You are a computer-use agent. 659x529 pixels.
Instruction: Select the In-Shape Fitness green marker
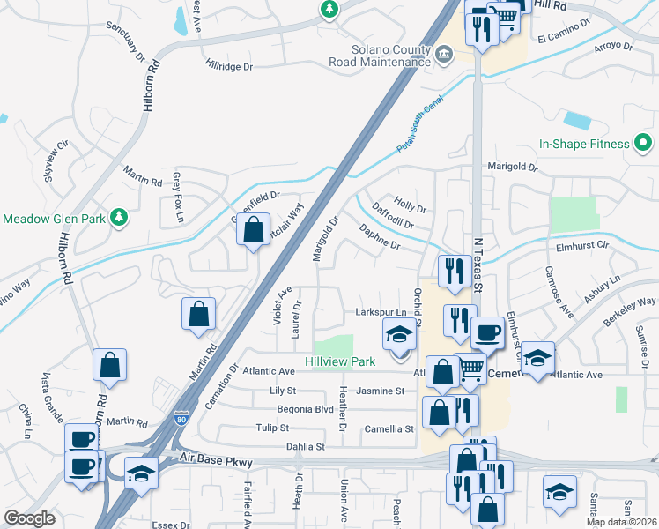643,143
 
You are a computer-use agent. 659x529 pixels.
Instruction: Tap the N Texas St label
478,264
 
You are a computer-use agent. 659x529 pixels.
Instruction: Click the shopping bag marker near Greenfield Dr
253,231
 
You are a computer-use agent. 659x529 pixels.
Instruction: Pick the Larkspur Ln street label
381,312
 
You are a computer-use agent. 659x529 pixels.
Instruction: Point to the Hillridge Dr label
229,65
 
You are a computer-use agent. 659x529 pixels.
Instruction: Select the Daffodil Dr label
393,217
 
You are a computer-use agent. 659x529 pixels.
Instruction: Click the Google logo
29,518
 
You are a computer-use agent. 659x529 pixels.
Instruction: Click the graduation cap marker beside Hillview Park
398,335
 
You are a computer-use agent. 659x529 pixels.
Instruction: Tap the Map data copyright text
622,522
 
